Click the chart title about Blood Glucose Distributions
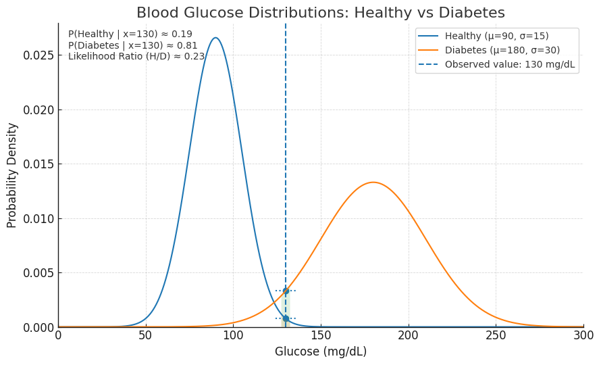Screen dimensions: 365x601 [321, 13]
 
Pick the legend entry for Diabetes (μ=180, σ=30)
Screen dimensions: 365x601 [502, 50]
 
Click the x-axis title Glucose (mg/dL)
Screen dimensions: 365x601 [321, 351]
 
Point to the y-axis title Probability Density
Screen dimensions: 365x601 [12, 175]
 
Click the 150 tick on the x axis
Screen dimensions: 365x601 [321, 335]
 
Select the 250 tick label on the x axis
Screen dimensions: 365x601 [496, 335]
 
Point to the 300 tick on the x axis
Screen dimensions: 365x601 [583, 335]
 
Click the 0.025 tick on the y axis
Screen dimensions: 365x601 [38, 55]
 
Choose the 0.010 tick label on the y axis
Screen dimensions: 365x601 [38, 218]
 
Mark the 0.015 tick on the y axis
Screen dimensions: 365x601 [38, 164]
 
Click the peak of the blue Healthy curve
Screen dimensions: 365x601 [215, 38]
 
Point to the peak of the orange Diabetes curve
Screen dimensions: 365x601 [373, 182]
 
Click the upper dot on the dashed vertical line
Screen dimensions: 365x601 [286, 291]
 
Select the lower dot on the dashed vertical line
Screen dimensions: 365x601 [286, 318]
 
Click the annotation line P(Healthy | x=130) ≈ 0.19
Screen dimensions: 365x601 [130, 34]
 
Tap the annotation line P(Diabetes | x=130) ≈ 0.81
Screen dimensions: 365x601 [133, 45]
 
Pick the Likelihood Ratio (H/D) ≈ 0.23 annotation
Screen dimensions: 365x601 [136, 57]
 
